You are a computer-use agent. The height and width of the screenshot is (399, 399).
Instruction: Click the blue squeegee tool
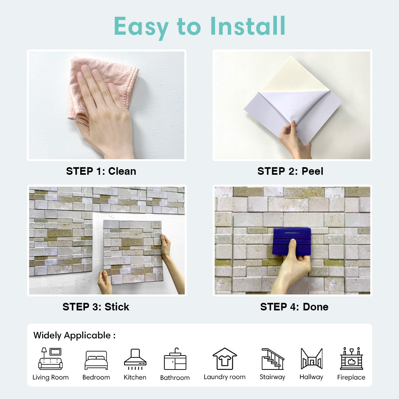point(292,241)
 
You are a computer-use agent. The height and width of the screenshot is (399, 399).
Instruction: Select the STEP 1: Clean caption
point(101,171)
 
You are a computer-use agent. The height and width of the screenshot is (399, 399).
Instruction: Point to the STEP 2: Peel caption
point(290,171)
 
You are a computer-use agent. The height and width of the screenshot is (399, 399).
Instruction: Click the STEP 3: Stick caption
point(96,307)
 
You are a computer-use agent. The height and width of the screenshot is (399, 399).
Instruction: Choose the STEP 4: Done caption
point(294,307)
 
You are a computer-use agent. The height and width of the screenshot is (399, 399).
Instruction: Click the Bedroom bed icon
point(96,360)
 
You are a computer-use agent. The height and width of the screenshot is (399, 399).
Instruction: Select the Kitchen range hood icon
point(135,358)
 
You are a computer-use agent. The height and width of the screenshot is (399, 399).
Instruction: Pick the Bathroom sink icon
point(175,359)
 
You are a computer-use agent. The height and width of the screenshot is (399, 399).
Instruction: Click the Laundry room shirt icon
point(225,358)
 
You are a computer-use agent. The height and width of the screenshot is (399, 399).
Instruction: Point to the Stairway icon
point(273,359)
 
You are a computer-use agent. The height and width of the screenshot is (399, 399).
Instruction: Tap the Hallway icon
point(311,358)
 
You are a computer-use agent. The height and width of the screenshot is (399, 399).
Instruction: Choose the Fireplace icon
point(351,358)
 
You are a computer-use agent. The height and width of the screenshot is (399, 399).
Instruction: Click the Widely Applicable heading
point(74,335)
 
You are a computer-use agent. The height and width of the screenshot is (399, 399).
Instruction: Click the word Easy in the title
point(142,26)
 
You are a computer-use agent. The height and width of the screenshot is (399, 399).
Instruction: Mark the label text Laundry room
point(225,377)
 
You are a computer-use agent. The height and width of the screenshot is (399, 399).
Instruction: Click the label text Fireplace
point(351,377)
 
